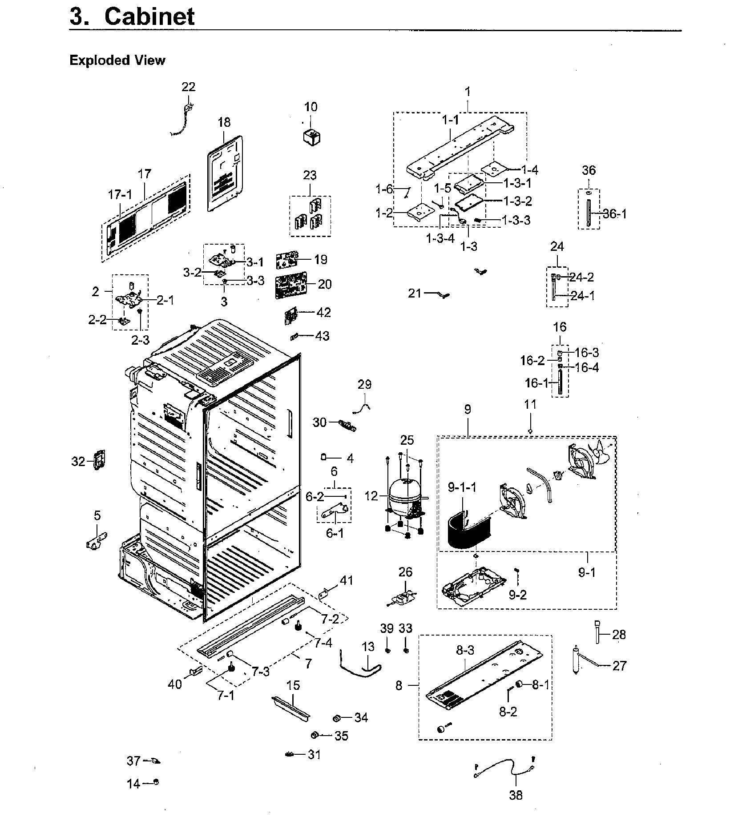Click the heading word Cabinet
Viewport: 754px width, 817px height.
point(149,16)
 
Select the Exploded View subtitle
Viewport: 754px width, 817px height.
point(117,60)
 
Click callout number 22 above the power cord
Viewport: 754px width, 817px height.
point(189,87)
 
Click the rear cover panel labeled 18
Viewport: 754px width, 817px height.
point(226,173)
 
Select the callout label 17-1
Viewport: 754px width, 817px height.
point(120,194)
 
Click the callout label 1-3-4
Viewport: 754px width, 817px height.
point(440,238)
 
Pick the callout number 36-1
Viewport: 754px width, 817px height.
point(614,214)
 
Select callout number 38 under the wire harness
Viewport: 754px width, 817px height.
point(516,795)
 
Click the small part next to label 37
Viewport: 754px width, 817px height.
point(155,761)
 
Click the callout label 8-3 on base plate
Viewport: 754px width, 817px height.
point(465,650)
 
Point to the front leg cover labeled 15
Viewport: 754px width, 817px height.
point(291,708)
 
